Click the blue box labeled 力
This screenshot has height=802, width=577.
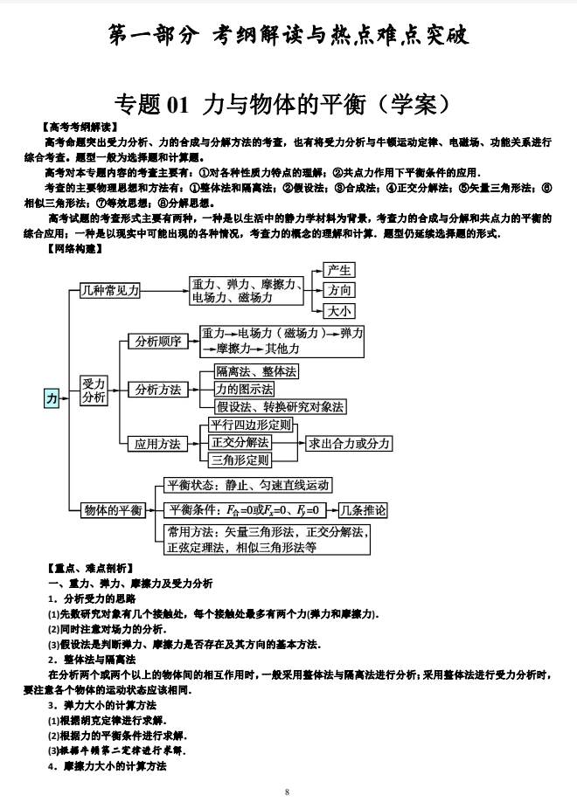click(x=53, y=398)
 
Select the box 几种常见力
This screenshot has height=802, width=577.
click(x=109, y=290)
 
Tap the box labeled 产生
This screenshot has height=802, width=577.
click(x=339, y=270)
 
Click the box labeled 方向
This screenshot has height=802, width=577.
click(x=339, y=290)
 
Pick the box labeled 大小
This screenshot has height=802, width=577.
click(x=339, y=311)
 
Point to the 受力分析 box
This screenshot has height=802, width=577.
click(x=94, y=390)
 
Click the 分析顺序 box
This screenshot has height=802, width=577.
click(x=158, y=342)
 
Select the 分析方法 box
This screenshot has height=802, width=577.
click(x=158, y=390)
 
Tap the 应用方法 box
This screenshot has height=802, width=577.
click(x=158, y=443)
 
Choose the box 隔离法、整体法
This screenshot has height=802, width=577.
click(x=256, y=371)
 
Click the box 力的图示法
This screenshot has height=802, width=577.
click(x=244, y=389)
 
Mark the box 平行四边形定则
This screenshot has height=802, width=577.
click(x=251, y=425)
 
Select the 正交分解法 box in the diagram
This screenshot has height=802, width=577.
click(x=239, y=442)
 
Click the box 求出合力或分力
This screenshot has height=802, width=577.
click(x=349, y=443)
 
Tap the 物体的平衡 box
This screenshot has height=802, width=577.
click(x=113, y=510)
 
